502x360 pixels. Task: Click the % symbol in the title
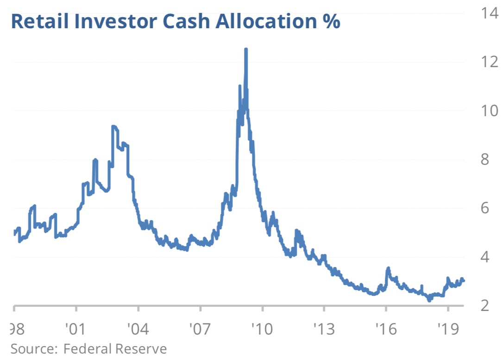pos(331,21)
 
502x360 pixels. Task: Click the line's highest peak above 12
pos(246,50)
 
